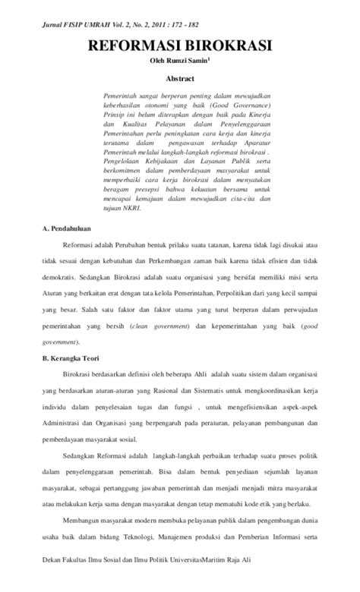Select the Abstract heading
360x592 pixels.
click(181, 78)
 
